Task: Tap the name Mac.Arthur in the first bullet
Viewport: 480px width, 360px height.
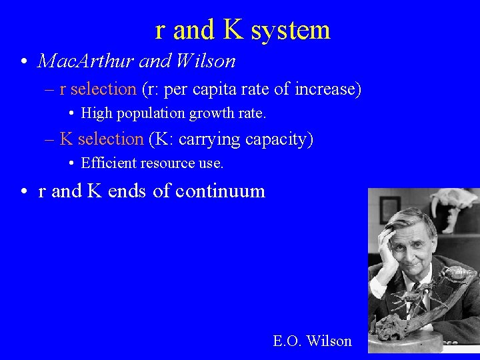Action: click(x=79, y=61)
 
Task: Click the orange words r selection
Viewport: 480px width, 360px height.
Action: click(x=97, y=89)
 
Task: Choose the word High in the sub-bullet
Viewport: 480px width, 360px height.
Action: click(x=96, y=113)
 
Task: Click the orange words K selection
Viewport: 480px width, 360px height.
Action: click(x=101, y=139)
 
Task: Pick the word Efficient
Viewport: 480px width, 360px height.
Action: click(x=108, y=163)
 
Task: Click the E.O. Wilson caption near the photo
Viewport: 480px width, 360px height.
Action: click(x=312, y=341)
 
